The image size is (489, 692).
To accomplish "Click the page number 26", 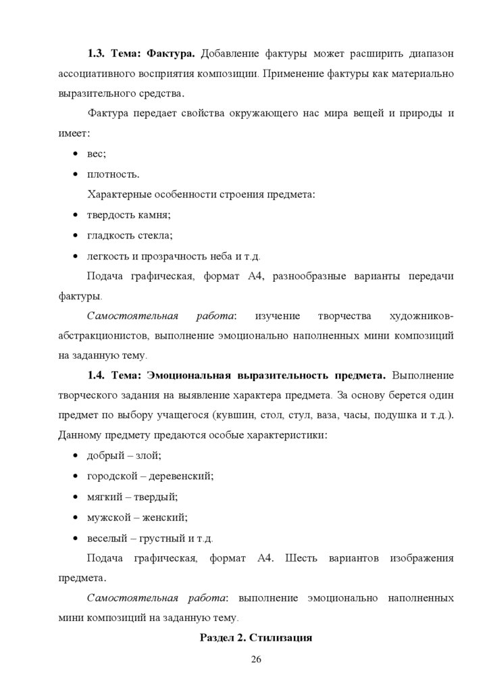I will click(255, 660).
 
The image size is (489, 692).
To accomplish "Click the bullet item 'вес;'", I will click(97, 153).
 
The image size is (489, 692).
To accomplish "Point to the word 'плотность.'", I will click(113, 174).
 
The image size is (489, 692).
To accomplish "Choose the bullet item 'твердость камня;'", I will click(128, 215).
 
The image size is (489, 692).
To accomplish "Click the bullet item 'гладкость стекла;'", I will click(130, 236).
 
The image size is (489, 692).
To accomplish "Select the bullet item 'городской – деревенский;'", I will click(150, 476).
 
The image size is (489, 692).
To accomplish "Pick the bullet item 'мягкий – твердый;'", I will click(132, 497).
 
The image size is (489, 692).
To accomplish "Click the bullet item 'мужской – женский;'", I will click(137, 518).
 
